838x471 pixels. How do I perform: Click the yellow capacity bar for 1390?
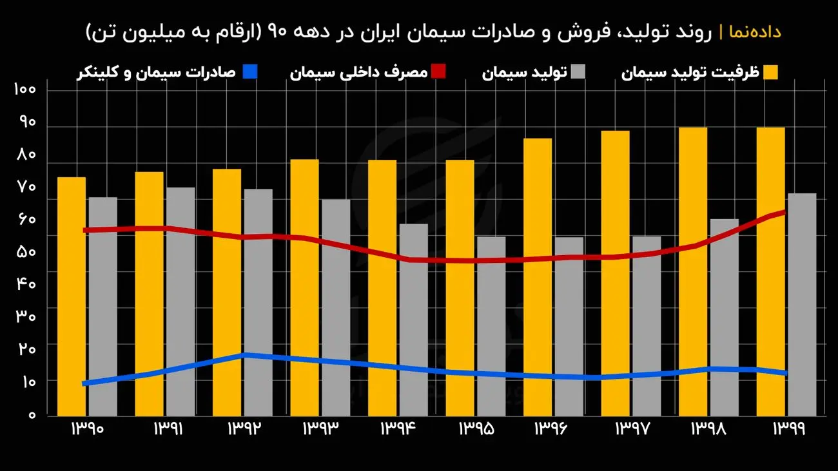click(x=71, y=296)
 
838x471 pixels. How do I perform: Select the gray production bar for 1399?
click(x=801, y=304)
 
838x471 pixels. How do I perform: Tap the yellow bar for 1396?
click(x=537, y=277)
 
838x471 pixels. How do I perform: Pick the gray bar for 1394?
click(x=413, y=320)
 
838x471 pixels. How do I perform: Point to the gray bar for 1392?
click(x=258, y=302)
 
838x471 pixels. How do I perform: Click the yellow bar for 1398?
click(x=692, y=271)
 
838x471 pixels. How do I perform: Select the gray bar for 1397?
click(x=647, y=325)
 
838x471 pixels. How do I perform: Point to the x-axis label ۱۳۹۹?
click(x=787, y=428)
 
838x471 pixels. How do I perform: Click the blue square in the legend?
click(x=250, y=71)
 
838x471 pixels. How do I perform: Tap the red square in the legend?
click(x=439, y=71)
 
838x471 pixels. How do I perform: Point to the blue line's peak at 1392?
click(x=242, y=355)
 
